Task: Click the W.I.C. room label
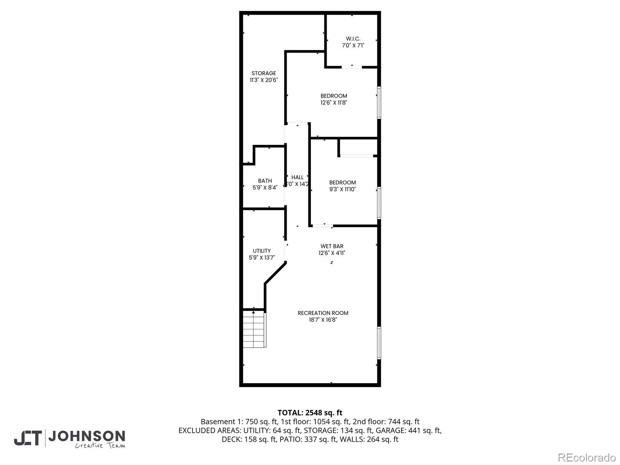(x=353, y=39)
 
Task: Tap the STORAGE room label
(x=263, y=73)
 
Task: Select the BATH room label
(x=265, y=181)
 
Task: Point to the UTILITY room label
(x=262, y=251)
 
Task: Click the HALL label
(x=297, y=177)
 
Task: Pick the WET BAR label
(x=332, y=246)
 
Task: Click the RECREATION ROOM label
(x=323, y=313)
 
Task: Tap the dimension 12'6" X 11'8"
(x=334, y=103)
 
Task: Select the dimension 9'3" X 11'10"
(x=342, y=189)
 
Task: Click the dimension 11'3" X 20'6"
(x=263, y=80)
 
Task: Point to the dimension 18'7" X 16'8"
(x=323, y=320)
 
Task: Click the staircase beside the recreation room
(x=254, y=329)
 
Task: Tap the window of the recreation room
(x=379, y=343)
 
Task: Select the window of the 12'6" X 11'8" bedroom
(x=379, y=102)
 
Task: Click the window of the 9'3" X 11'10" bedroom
(x=379, y=203)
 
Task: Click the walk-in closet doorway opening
(x=352, y=67)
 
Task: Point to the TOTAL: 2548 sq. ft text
(x=310, y=413)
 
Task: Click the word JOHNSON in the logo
(x=86, y=436)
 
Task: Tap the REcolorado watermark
(x=587, y=457)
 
